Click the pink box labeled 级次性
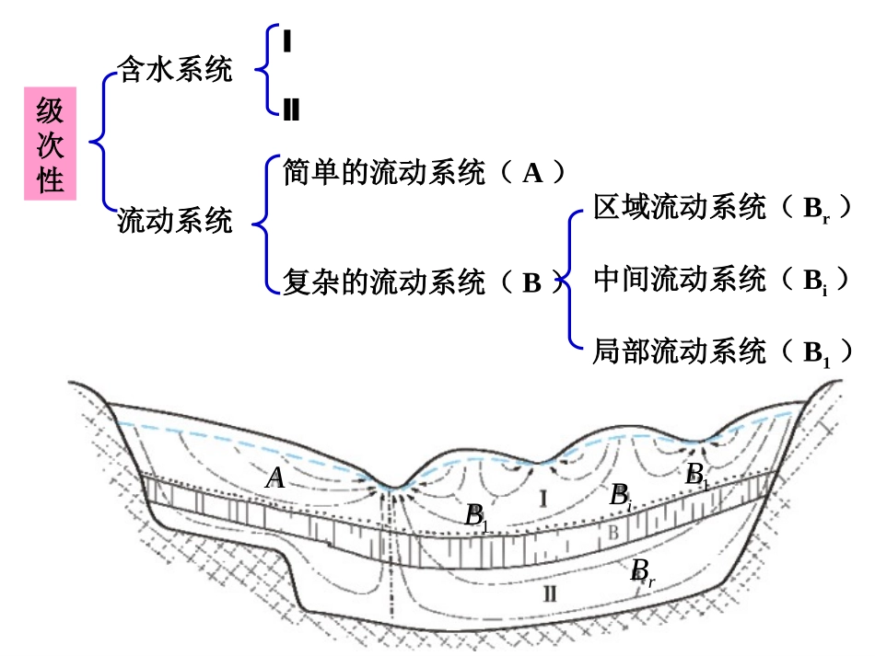[50, 144]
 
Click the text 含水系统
[175, 71]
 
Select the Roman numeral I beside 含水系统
[288, 41]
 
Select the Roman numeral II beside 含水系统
[291, 111]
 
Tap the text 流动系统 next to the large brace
[175, 222]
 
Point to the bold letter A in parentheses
[533, 173]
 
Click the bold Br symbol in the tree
[816, 211]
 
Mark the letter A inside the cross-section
[274, 479]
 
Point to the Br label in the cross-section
[642, 573]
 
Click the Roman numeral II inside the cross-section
[550, 593]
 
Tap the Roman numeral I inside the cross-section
[543, 500]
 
